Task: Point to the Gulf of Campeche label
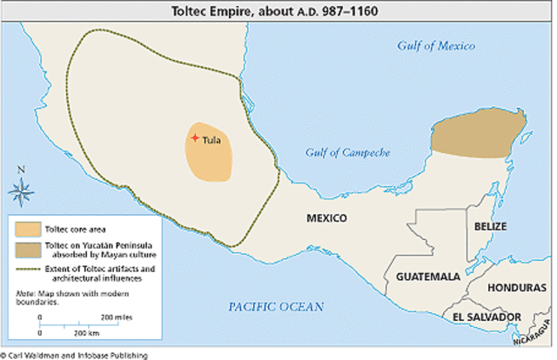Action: [347, 153]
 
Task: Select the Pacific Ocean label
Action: [275, 306]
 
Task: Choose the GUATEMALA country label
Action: [427, 277]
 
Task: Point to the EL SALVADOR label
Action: [487, 317]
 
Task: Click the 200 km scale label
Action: [84, 333]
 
